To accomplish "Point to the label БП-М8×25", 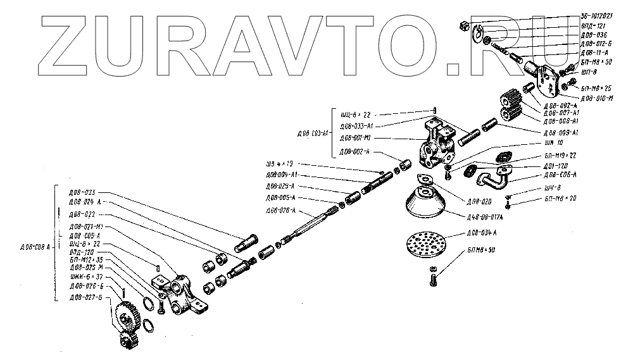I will (x=596, y=88).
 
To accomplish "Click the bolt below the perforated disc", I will (x=431, y=278).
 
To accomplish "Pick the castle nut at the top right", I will (x=463, y=25).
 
